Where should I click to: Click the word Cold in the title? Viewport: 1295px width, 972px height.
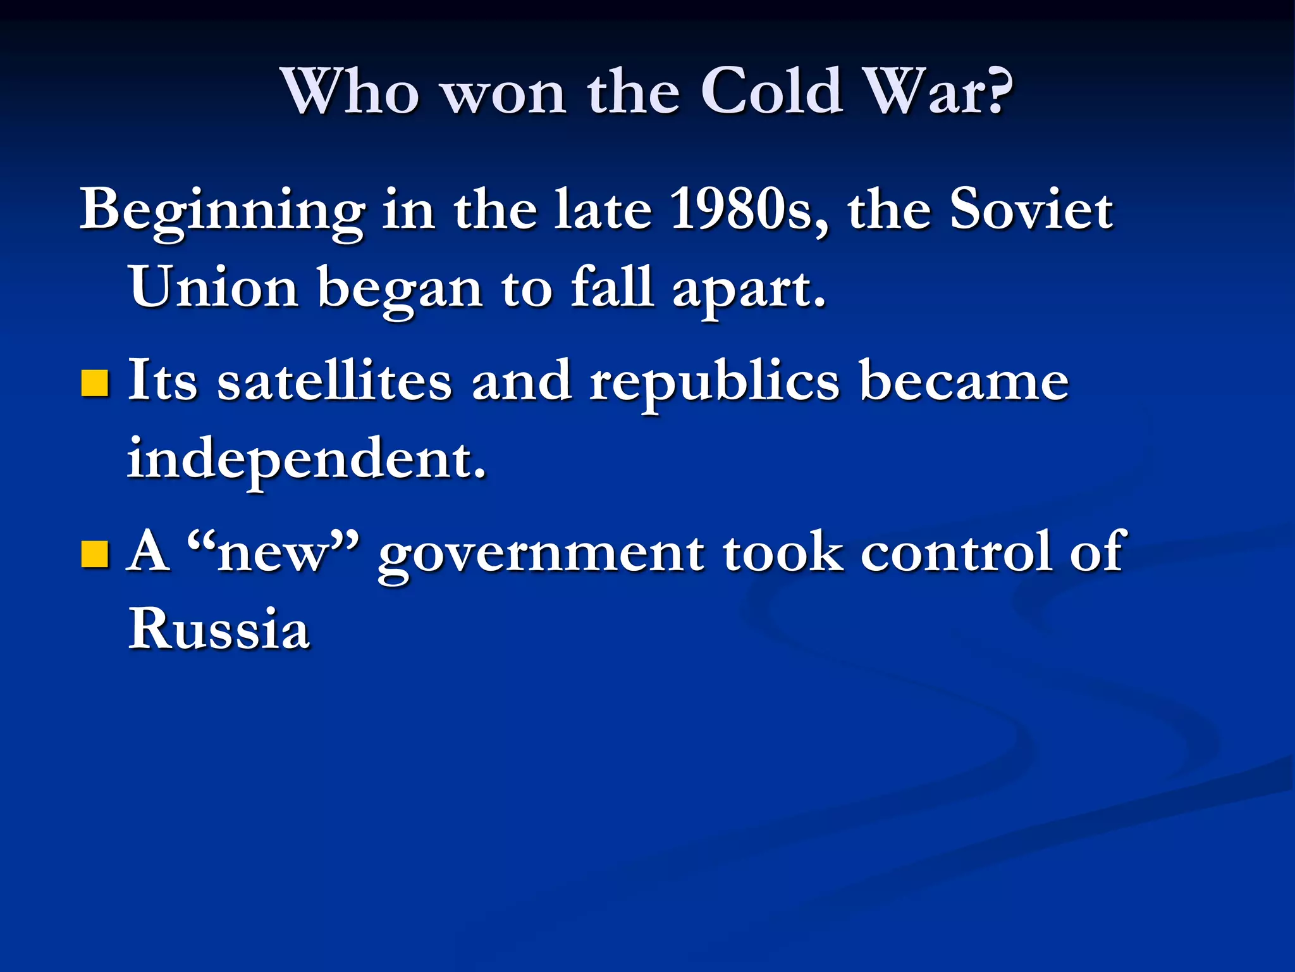click(772, 92)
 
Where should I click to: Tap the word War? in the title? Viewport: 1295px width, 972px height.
click(938, 92)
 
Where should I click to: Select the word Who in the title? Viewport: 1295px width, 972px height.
click(351, 92)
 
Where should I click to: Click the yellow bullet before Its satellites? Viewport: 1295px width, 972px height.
click(95, 383)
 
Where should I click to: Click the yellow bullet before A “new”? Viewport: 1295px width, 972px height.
click(95, 553)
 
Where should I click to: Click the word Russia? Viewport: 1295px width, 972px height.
click(219, 629)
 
